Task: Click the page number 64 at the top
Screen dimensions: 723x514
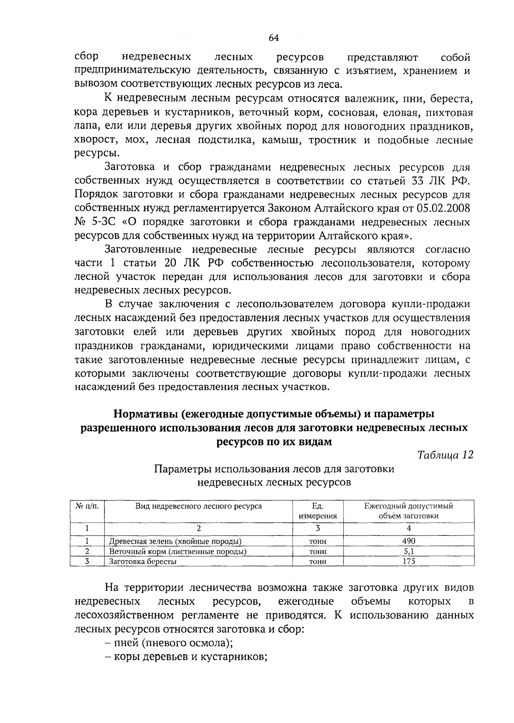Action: (274, 38)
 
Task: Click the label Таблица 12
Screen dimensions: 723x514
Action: (445, 455)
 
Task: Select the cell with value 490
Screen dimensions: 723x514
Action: (409, 541)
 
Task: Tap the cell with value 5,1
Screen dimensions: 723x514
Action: (409, 551)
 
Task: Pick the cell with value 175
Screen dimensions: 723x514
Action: (409, 561)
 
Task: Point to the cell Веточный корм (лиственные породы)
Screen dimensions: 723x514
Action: (177, 551)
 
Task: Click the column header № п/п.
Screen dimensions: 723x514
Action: (87, 506)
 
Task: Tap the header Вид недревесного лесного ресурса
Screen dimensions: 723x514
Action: (198, 506)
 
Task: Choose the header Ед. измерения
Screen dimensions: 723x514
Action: (317, 511)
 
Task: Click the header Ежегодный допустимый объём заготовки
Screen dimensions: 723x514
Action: (409, 511)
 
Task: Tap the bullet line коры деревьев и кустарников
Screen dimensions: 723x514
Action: (188, 657)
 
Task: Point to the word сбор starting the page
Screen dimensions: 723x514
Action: (87, 57)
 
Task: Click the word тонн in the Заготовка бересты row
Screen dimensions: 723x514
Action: (317, 562)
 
